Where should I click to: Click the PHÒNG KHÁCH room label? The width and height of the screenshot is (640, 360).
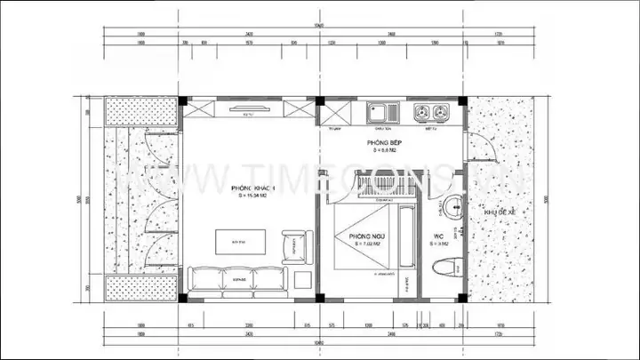(254, 189)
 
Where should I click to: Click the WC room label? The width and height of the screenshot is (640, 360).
(439, 236)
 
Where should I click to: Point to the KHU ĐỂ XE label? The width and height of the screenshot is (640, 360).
(499, 212)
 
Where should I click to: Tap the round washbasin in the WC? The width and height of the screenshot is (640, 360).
(452, 207)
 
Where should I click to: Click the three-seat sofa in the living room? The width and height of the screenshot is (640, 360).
(236, 277)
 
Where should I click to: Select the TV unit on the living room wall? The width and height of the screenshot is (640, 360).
(249, 110)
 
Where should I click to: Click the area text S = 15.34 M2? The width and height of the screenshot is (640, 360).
(252, 197)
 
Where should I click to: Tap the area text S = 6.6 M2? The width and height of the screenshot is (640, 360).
(383, 150)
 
